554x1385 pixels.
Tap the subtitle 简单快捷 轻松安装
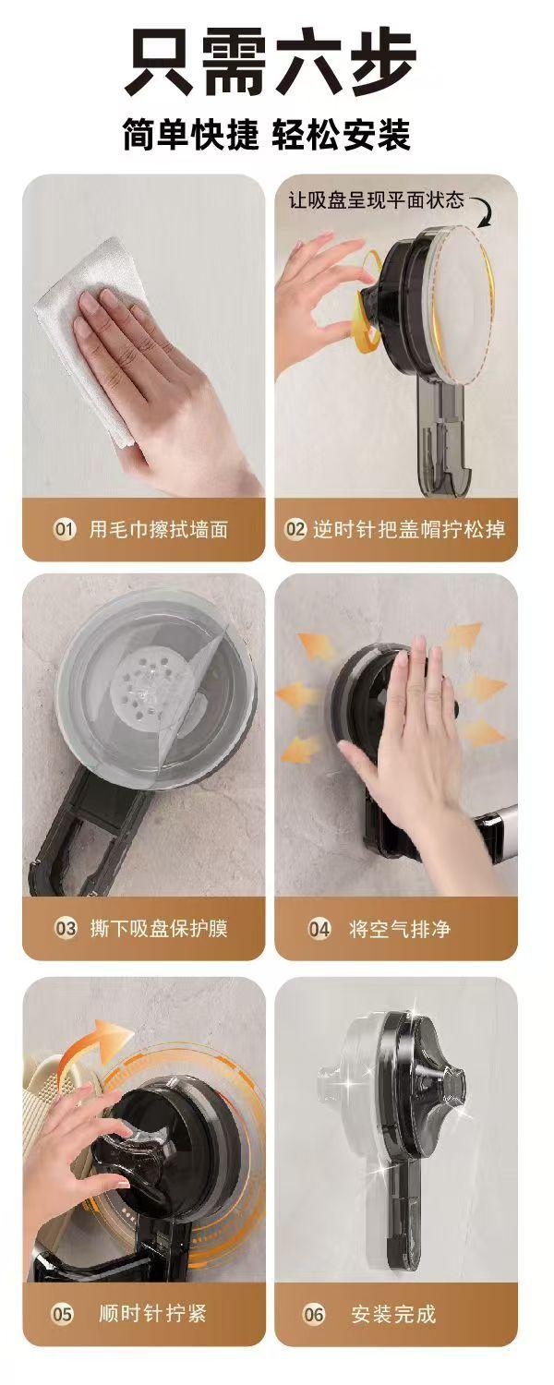point(267,134)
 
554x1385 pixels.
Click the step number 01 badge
point(64,530)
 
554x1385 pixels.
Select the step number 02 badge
point(295,530)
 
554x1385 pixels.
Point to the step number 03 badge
point(66,929)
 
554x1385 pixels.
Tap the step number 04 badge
point(319,929)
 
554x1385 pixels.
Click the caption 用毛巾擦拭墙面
point(159,530)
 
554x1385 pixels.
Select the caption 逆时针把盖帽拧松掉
point(409,530)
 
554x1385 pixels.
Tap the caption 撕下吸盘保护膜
point(159,929)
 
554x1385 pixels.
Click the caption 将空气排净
point(400,929)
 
